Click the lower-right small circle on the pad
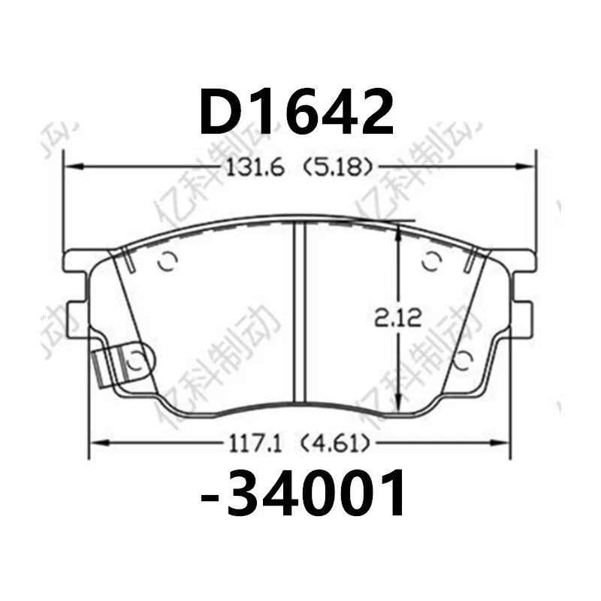click(x=464, y=356)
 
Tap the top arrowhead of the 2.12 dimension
click(x=399, y=230)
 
